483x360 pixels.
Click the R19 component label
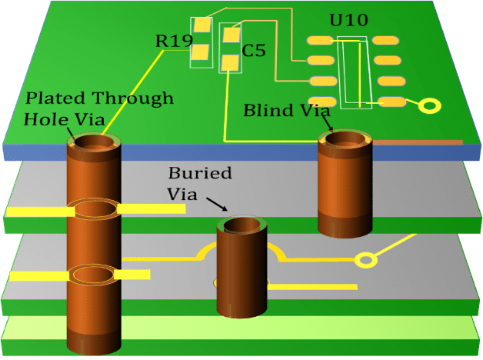point(174,41)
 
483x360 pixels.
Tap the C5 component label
point(253,52)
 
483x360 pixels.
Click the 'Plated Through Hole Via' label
point(98,108)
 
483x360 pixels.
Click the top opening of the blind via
point(345,140)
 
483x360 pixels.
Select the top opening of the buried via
point(241,225)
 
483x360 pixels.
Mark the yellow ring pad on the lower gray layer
point(368,260)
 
